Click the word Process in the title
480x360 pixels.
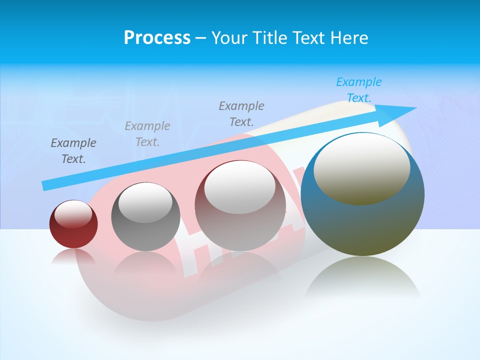(x=157, y=38)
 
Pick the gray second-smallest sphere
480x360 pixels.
(x=145, y=235)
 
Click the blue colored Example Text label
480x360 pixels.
(x=359, y=90)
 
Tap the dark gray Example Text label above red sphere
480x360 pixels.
(x=73, y=151)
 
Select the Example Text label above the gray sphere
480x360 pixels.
(x=147, y=134)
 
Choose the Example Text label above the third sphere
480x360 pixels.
(x=241, y=113)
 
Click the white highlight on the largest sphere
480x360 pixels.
(x=361, y=168)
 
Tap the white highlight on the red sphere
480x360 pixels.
(x=73, y=214)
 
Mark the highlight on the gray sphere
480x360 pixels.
(x=145, y=202)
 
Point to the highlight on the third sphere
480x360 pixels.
(x=240, y=186)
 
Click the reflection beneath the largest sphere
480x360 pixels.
(x=362, y=277)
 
